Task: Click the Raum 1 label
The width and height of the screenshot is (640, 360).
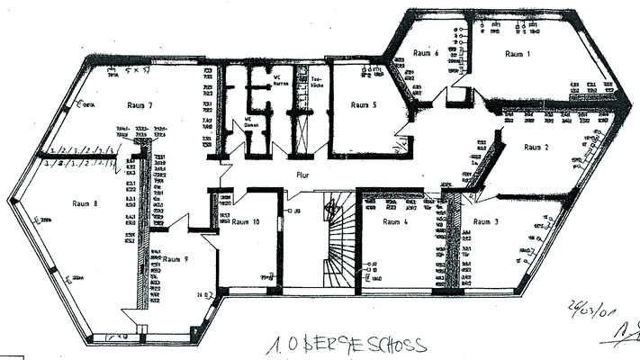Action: pos(517,55)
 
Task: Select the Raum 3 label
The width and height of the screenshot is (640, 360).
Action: pos(486,221)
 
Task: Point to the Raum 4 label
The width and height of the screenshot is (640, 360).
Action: pos(395,221)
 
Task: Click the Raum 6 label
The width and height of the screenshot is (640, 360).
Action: pos(426,54)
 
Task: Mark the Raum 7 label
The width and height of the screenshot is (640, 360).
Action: pos(140,106)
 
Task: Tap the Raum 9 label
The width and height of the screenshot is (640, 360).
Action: pos(176,260)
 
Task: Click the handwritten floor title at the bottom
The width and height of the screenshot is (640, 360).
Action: pos(347,346)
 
